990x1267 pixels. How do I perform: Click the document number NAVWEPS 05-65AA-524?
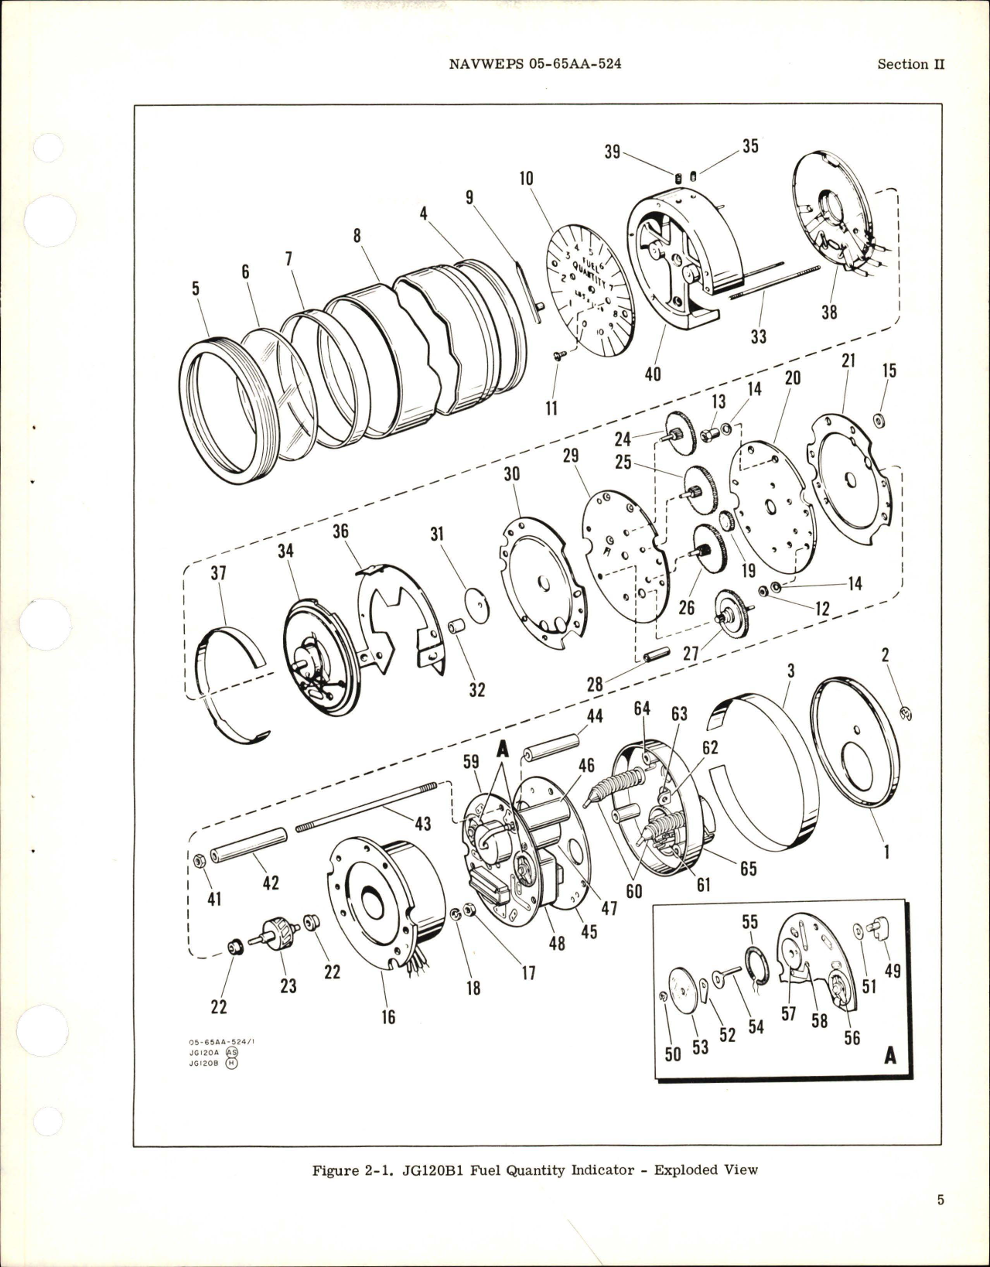coord(534,64)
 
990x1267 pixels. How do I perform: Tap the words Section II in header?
coord(910,64)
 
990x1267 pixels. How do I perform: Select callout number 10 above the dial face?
coord(526,179)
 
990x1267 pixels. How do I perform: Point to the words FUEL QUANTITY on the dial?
coord(588,272)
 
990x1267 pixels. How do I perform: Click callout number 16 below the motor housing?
coord(388,1016)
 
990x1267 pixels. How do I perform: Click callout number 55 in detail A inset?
coord(750,923)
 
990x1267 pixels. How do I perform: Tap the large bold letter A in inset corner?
coord(890,1055)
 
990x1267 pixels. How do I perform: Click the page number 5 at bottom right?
coord(940,1223)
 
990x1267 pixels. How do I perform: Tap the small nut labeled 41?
coord(199,861)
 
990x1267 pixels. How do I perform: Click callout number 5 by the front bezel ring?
coord(196,289)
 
